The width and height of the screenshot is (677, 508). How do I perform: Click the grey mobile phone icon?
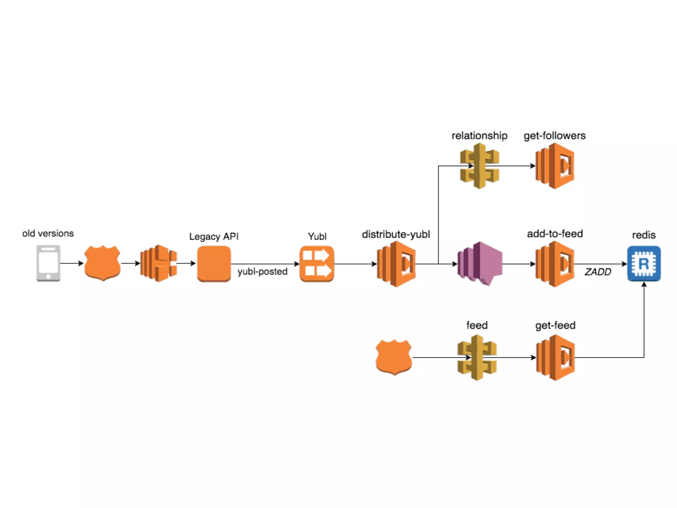click(x=48, y=263)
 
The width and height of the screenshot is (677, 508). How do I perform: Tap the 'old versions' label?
click(x=48, y=233)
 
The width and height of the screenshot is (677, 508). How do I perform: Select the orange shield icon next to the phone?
click(x=102, y=263)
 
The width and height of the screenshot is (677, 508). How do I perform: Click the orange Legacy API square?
click(x=214, y=264)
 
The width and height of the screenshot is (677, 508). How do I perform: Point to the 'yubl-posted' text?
click(x=262, y=272)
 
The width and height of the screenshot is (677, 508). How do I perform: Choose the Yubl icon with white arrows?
click(x=317, y=264)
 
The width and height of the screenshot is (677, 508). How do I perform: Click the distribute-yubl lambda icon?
click(x=396, y=264)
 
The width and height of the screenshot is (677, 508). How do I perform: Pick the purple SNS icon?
click(x=480, y=264)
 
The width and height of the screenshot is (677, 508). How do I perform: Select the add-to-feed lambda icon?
click(x=555, y=264)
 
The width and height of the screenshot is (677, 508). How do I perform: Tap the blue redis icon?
click(x=644, y=264)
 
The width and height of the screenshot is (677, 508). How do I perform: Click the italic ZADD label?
click(x=598, y=272)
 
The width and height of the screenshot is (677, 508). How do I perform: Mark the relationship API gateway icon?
click(x=479, y=166)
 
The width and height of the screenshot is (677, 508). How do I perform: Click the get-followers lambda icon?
click(x=555, y=166)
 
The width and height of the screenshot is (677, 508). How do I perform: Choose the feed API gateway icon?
click(x=477, y=357)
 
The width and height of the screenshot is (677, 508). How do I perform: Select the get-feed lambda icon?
click(x=555, y=357)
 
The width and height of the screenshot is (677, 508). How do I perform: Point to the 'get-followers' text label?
click(x=554, y=136)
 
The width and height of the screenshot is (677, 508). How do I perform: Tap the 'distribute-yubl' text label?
click(x=396, y=234)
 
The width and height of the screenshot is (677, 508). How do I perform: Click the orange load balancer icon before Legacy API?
click(x=158, y=263)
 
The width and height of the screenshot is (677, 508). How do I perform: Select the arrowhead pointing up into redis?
click(x=644, y=284)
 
